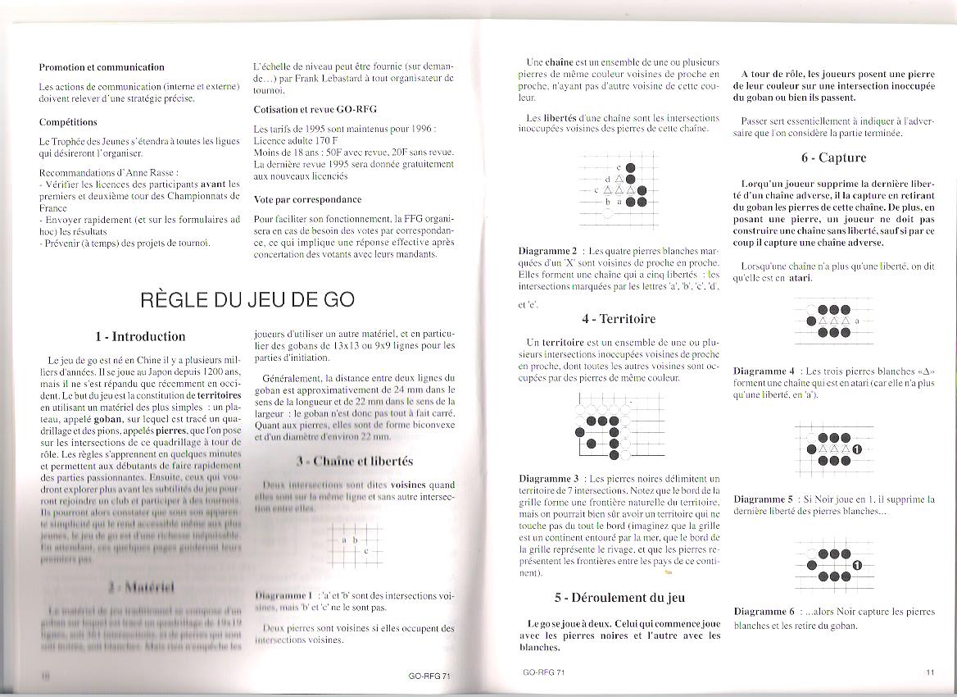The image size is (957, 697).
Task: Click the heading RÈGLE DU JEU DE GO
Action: pyautogui.click(x=247, y=299)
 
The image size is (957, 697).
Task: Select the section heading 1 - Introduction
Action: pyautogui.click(x=140, y=336)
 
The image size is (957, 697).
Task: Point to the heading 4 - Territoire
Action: pyautogui.click(x=619, y=319)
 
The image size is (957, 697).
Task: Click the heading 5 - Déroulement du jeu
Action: pyautogui.click(x=619, y=598)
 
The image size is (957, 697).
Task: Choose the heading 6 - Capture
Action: pyautogui.click(x=833, y=157)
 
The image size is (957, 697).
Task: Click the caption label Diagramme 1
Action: pyautogui.click(x=283, y=595)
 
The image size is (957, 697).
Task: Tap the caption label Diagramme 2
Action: pyautogui.click(x=547, y=251)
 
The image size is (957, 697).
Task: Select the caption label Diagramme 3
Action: pyautogui.click(x=547, y=478)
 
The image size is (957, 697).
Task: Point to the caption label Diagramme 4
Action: pyautogui.click(x=764, y=371)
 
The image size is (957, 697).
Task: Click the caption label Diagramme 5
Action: pyautogui.click(x=764, y=499)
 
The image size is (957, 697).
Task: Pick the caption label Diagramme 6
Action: pyautogui.click(x=764, y=612)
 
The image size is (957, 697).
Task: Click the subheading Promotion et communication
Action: pyautogui.click(x=102, y=67)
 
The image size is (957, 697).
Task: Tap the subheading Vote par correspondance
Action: pyautogui.click(x=307, y=199)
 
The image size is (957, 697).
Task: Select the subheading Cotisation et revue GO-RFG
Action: pyautogui.click(x=315, y=109)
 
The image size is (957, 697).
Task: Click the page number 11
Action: pyautogui.click(x=930, y=672)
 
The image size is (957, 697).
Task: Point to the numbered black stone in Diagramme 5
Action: pyautogui.click(x=857, y=449)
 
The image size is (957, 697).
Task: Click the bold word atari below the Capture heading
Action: pyautogui.click(x=800, y=278)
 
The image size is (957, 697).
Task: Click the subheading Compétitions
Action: pyautogui.click(x=68, y=122)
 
